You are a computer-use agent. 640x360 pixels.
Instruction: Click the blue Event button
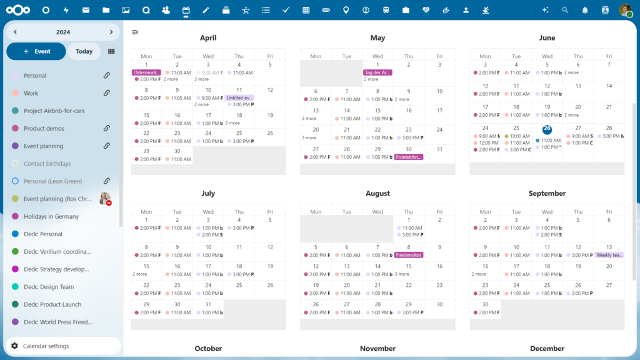[x=36, y=51]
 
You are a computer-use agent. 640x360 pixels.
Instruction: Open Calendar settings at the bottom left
[x=46, y=346]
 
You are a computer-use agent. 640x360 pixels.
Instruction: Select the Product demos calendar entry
[x=44, y=128]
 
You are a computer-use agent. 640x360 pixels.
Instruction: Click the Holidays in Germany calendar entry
[x=51, y=216]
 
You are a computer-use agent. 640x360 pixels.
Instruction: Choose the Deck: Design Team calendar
[x=49, y=287]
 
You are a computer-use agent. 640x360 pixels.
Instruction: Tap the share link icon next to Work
[x=107, y=93]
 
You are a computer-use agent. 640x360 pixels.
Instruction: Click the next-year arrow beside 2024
[x=111, y=32]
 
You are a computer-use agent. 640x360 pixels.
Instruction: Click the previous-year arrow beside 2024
[x=15, y=32]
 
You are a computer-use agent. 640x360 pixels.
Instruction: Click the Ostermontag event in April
[x=146, y=72]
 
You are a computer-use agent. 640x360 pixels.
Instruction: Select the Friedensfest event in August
[x=409, y=255]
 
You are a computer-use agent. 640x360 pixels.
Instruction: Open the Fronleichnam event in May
[x=409, y=157]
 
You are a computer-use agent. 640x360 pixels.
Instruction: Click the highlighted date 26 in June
[x=547, y=129]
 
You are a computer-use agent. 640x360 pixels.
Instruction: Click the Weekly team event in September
[x=609, y=255]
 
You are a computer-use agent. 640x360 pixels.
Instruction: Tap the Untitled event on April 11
[x=239, y=97]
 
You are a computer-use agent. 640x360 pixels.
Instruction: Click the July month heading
[x=208, y=194]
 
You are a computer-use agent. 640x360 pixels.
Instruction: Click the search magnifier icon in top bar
[x=565, y=10]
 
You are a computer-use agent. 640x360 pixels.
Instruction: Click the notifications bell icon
[x=585, y=10]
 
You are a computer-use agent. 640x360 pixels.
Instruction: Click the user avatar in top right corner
[x=625, y=10]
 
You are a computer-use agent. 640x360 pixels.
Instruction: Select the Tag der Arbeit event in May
[x=377, y=72]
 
